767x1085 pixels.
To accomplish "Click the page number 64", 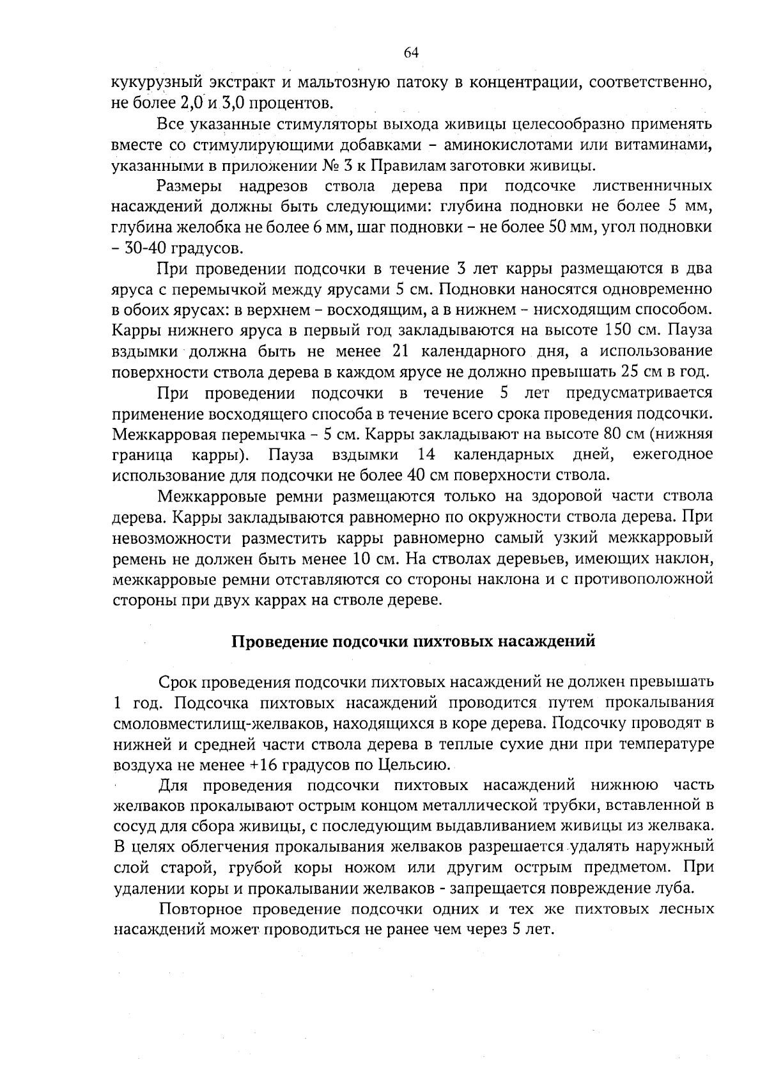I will click(411, 52).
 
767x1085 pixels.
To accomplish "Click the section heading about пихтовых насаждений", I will click(412, 641).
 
